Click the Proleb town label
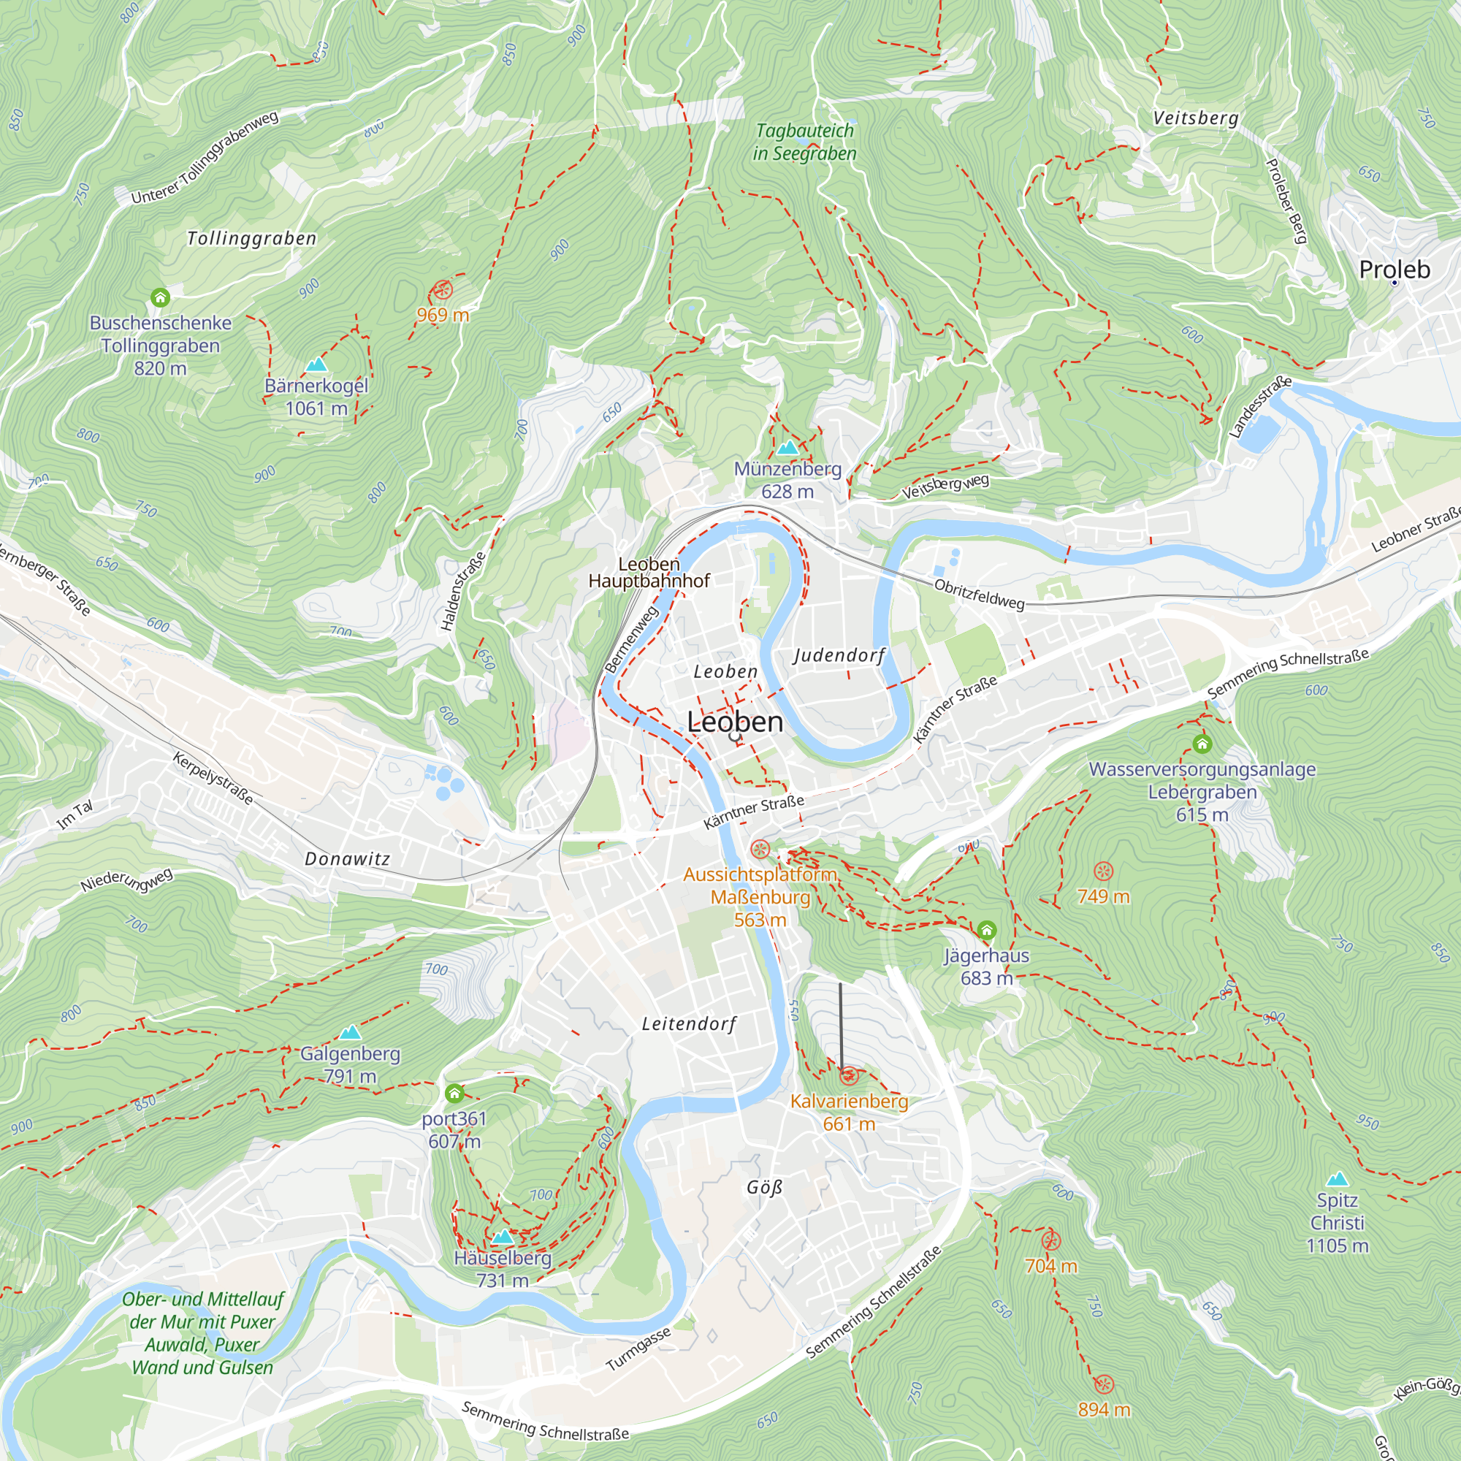(1394, 270)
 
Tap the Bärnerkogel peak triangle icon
(316, 365)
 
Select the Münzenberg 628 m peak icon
(787, 448)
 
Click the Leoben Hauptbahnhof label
(649, 573)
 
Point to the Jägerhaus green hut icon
(986, 930)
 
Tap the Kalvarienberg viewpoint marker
(848, 1075)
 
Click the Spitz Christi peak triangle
(1337, 1179)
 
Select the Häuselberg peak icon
(502, 1237)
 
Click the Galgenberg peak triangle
(349, 1033)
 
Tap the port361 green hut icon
(454, 1094)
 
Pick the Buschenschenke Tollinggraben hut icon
(159, 297)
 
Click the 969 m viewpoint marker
(443, 289)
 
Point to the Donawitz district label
(347, 859)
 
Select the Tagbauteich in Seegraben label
(804, 142)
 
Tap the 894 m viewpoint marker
(1103, 1384)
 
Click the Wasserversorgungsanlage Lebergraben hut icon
(1202, 744)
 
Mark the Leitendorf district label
(688, 1024)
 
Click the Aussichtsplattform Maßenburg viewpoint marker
(760, 850)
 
